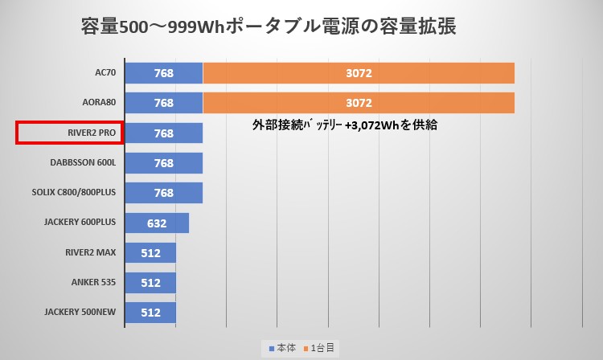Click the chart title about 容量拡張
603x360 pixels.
(269, 27)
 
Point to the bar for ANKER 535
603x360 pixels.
(150, 283)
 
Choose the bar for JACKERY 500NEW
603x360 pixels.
(150, 313)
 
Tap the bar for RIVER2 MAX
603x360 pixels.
(150, 253)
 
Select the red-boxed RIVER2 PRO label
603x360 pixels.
(69, 133)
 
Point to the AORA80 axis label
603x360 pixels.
(98, 103)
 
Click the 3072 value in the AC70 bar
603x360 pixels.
(359, 73)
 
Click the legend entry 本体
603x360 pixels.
(282, 348)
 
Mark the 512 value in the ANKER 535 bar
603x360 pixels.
(150, 283)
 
